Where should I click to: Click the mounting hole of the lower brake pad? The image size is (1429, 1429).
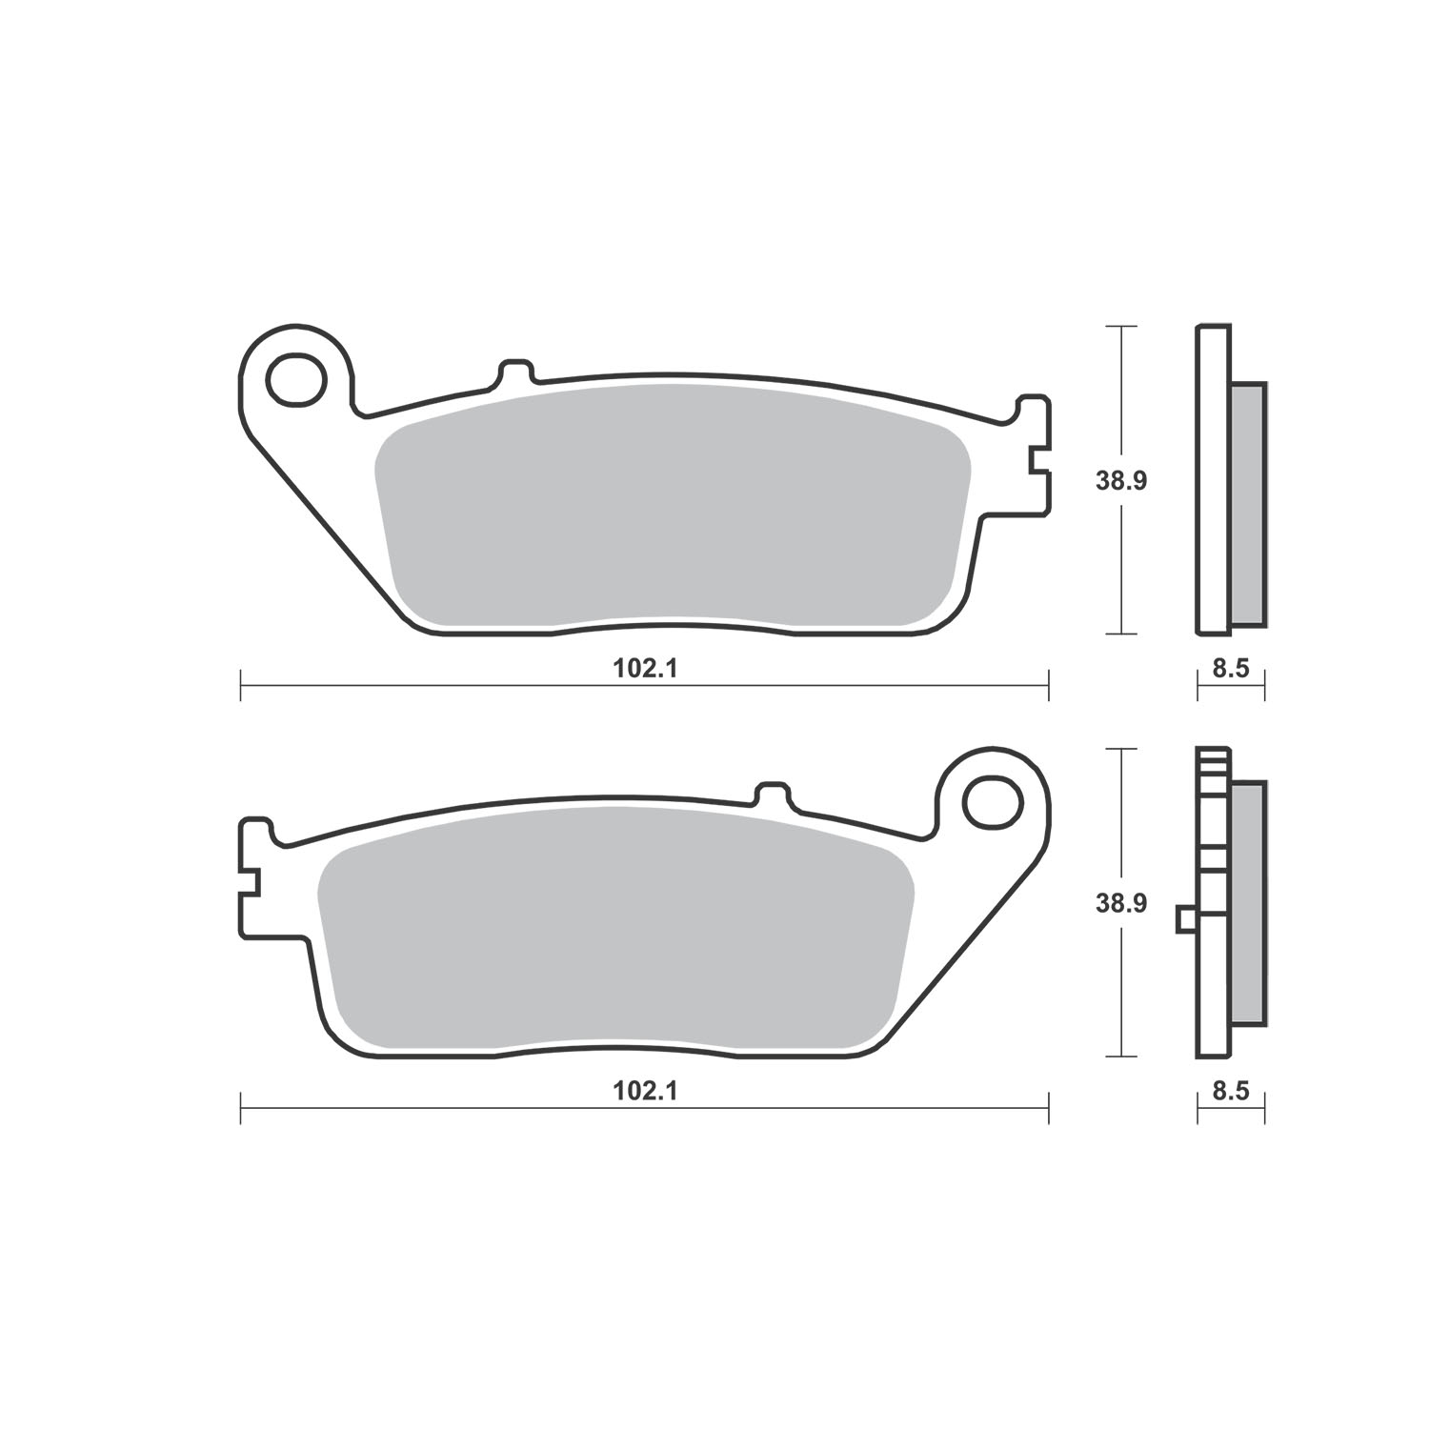click(993, 802)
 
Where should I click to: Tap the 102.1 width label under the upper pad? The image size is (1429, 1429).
click(645, 669)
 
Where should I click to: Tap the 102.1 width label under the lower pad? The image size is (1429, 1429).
click(645, 1092)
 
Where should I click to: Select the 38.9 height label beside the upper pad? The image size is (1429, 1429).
click(1120, 481)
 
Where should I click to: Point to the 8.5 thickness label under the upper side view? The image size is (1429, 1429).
click(1231, 669)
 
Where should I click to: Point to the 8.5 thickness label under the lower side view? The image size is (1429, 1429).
click(1231, 1092)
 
